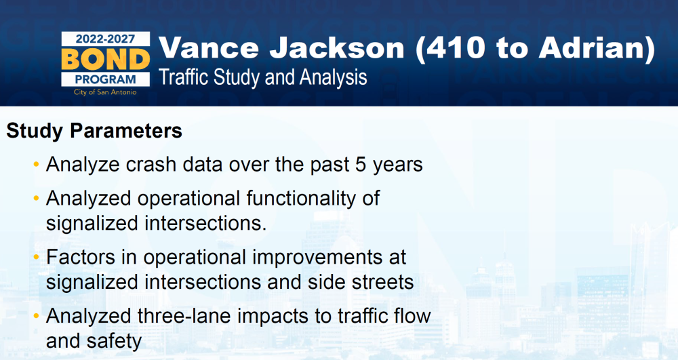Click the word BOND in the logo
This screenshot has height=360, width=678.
click(x=106, y=60)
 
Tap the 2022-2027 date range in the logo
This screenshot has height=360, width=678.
click(x=106, y=39)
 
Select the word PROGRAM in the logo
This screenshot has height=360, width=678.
click(x=106, y=79)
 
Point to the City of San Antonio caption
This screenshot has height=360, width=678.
click(x=105, y=92)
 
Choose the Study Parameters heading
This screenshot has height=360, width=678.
click(x=94, y=131)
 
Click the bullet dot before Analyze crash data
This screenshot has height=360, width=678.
click(x=37, y=165)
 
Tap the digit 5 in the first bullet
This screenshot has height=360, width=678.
click(x=361, y=165)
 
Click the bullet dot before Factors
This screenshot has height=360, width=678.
click(x=37, y=257)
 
